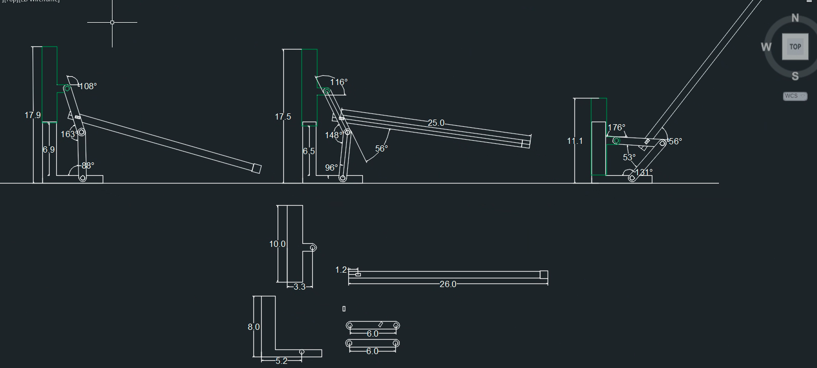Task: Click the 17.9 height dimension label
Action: [x=33, y=115]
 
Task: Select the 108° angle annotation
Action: [x=88, y=87]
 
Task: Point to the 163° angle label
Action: [x=70, y=135]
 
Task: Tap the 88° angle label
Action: [x=88, y=165]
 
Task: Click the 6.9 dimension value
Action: [x=49, y=149]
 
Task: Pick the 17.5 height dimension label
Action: [x=283, y=117]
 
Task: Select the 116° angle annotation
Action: [x=339, y=82]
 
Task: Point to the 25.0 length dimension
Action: [x=436, y=123]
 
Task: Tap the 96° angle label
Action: [x=331, y=168]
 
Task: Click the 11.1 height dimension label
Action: [x=575, y=141]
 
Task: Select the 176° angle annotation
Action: [x=616, y=127]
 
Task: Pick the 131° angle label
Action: [x=644, y=172]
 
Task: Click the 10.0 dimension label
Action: [x=277, y=244]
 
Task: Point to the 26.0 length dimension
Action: [x=448, y=284]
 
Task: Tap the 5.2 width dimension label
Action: [x=281, y=361]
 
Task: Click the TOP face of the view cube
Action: [x=795, y=46]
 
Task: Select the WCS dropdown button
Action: [x=795, y=96]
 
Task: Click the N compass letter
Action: [x=795, y=19]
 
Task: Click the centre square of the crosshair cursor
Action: [x=112, y=23]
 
